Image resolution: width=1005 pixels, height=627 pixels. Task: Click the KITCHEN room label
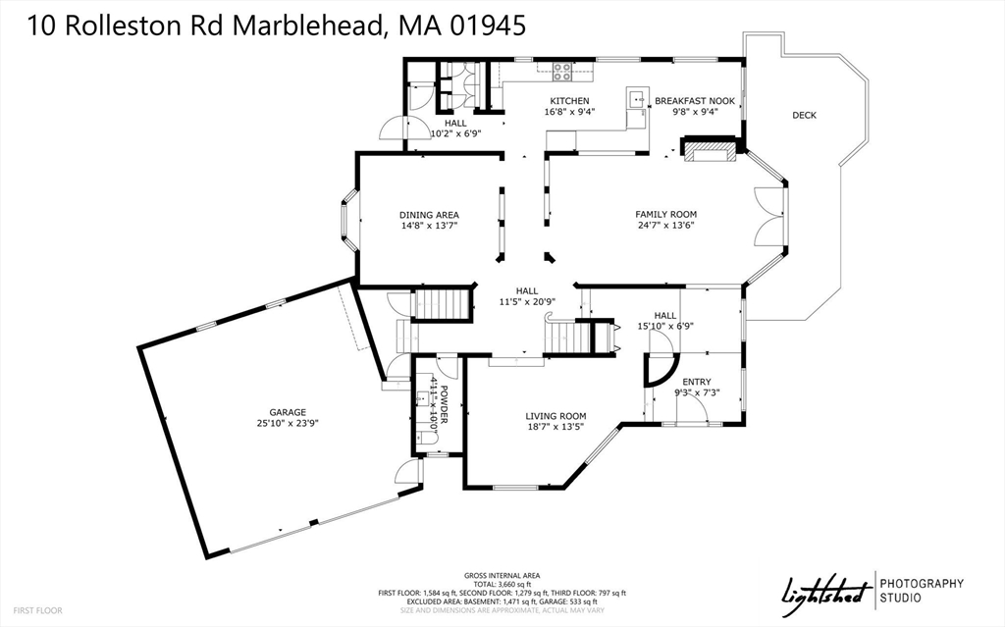tap(569, 101)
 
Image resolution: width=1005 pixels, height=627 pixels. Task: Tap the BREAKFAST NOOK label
tap(694, 101)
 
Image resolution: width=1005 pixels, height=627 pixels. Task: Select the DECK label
tap(804, 116)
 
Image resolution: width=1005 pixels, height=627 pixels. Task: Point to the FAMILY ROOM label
tap(665, 214)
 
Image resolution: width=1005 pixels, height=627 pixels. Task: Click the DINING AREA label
tap(429, 215)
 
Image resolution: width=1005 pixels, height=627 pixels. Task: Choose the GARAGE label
tap(289, 412)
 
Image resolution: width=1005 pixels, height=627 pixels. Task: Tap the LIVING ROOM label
tap(555, 415)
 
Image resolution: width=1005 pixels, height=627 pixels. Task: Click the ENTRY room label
tap(697, 382)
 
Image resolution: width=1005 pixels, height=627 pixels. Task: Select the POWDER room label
tap(444, 404)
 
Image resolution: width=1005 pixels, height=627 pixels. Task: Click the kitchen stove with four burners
tap(562, 71)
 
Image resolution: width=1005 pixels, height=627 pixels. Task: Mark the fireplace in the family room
tap(709, 152)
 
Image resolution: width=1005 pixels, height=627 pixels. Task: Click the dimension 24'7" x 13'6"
tap(665, 225)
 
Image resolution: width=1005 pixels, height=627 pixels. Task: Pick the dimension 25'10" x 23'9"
tap(289, 424)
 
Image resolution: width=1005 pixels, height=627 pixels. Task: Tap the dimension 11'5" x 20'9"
tap(527, 301)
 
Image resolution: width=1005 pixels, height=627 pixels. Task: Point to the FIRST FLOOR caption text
tap(37, 610)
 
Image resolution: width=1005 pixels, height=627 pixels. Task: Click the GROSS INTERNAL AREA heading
tap(502, 575)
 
